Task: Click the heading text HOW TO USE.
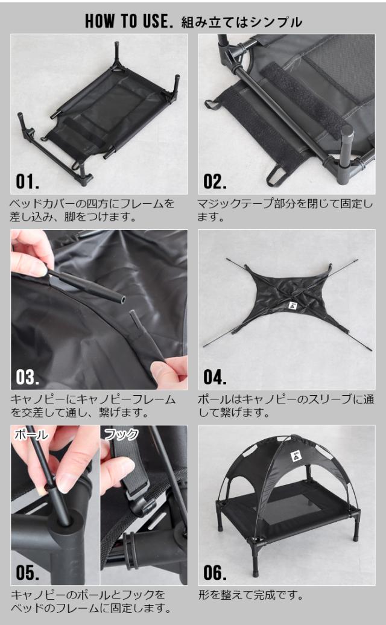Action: [x=129, y=21]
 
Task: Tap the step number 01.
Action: [x=28, y=182]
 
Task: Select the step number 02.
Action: [x=215, y=182]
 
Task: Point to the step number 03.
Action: [x=28, y=377]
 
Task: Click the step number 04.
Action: [x=215, y=377]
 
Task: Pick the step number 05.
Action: [x=28, y=573]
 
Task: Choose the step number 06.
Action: [x=215, y=573]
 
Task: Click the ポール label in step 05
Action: [x=31, y=434]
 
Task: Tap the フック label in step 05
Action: [x=121, y=434]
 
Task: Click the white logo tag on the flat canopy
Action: [x=292, y=305]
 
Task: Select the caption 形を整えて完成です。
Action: [x=250, y=595]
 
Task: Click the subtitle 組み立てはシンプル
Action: [x=241, y=22]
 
